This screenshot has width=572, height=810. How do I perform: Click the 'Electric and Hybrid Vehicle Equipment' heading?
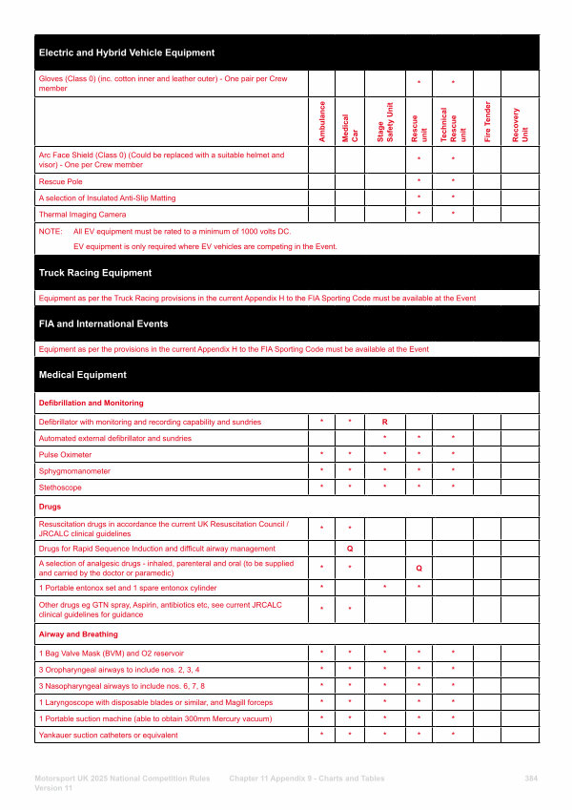126,52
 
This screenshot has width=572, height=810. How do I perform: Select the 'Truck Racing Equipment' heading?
94,273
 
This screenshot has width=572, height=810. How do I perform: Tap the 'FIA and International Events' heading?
103,323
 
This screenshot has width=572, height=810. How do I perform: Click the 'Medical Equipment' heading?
82,375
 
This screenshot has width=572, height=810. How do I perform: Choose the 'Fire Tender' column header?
487,122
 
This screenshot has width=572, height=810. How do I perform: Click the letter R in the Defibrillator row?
384,422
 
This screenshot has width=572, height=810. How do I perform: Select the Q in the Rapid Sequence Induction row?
350,549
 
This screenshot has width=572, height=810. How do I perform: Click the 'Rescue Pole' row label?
60,181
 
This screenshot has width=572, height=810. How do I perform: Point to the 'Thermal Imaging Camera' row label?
81,215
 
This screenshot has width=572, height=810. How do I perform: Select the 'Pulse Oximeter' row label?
65,455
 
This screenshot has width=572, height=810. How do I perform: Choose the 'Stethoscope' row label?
61,488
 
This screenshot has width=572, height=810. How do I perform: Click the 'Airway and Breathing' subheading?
78,633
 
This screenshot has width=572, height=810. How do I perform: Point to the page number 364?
531,779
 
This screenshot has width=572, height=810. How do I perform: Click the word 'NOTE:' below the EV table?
50,232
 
